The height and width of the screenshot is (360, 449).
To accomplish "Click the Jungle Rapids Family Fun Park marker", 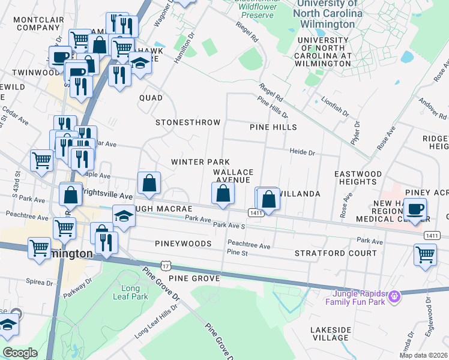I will coord(394,296).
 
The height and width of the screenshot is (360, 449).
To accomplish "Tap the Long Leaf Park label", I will coord(130,292).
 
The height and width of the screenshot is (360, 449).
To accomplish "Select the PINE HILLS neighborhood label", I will coord(273,127).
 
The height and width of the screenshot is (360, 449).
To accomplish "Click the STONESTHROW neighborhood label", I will coord(188,122).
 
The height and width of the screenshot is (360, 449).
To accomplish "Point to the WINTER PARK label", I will coord(200,162).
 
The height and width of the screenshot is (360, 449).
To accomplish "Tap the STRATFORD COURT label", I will coord(336,253).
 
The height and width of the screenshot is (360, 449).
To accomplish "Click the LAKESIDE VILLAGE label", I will coord(330,334).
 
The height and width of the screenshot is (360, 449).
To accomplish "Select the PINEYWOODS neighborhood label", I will coord(183,244).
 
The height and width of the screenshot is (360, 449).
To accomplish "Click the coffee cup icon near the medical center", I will coord(415,209).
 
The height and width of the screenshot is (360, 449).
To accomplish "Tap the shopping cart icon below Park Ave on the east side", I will coord(425,254).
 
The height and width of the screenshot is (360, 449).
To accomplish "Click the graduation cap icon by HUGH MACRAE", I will coord(124,215).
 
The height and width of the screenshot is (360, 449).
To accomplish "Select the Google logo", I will coord(20,352).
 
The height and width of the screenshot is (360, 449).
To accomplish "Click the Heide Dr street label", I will coord(303,152).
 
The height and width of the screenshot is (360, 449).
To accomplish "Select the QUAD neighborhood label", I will coord(151,97).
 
